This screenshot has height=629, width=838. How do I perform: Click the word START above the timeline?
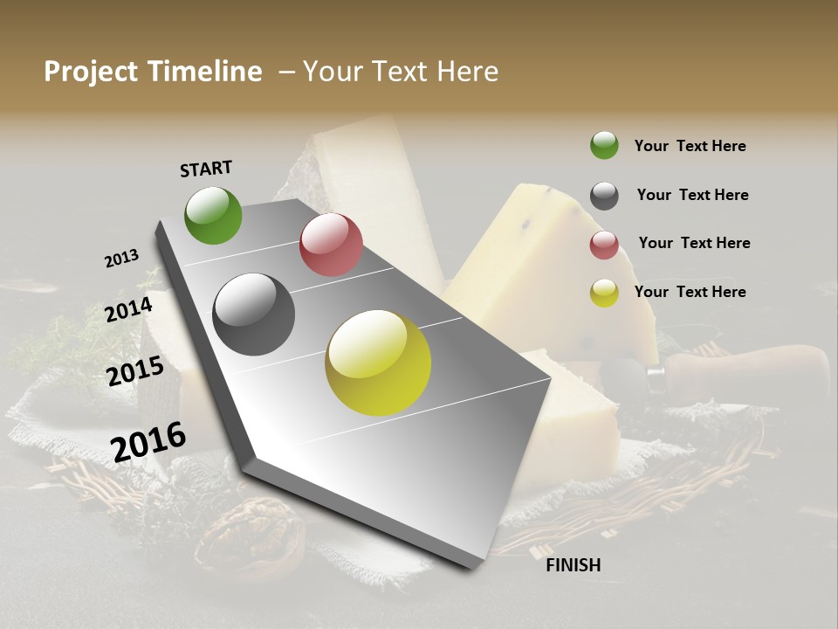pyautogui.click(x=206, y=169)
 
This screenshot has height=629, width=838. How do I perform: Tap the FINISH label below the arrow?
pyautogui.click(x=573, y=565)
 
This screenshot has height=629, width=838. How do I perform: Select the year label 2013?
pyautogui.click(x=121, y=259)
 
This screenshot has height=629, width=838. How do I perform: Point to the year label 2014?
pyautogui.click(x=129, y=309)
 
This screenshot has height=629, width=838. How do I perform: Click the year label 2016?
pyautogui.click(x=148, y=441)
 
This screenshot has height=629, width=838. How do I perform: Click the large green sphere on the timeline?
pyautogui.click(x=213, y=215)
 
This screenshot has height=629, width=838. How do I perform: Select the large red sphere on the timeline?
pyautogui.click(x=331, y=245)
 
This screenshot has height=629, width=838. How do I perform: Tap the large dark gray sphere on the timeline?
pyautogui.click(x=254, y=314)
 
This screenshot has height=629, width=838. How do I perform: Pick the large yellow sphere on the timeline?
pyautogui.click(x=378, y=363)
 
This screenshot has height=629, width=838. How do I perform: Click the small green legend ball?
pyautogui.click(x=604, y=145)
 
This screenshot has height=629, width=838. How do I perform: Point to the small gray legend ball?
pyautogui.click(x=604, y=196)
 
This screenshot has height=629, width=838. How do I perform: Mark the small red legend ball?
pyautogui.click(x=604, y=245)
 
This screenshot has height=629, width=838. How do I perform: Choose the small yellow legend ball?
pyautogui.click(x=604, y=293)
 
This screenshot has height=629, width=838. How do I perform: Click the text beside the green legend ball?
pyautogui.click(x=690, y=146)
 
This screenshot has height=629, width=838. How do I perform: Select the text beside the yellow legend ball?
pyautogui.click(x=690, y=292)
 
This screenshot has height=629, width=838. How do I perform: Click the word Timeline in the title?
pyautogui.click(x=205, y=72)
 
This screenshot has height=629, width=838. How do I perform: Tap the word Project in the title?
pyautogui.click(x=92, y=73)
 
